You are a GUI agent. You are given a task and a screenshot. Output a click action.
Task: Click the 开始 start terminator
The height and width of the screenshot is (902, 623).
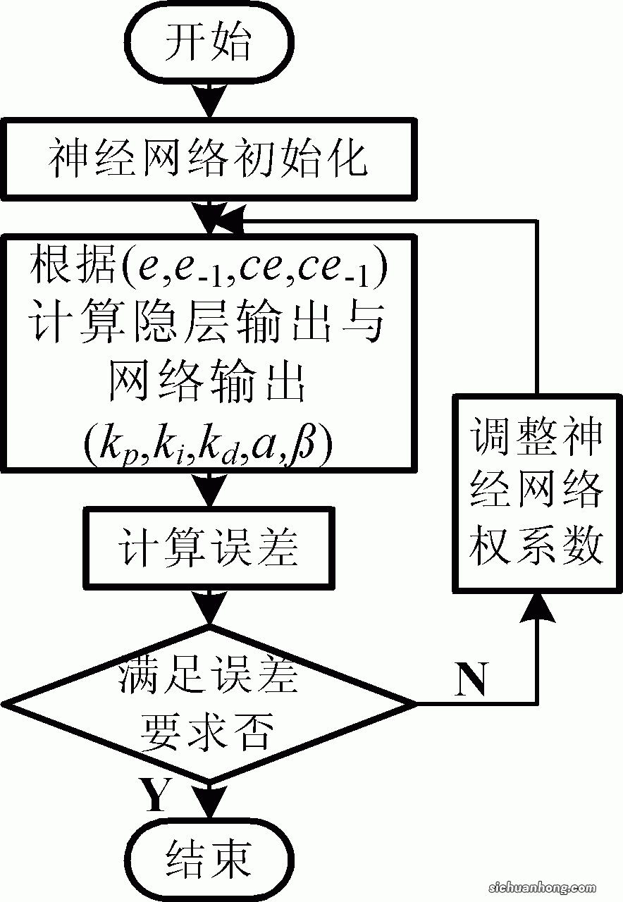pyautogui.click(x=208, y=44)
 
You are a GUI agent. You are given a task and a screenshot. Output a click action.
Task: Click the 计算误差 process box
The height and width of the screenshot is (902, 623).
pyautogui.click(x=208, y=548)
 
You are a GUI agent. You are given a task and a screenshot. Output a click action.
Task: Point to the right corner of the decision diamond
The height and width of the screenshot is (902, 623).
pyautogui.click(x=414, y=703)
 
